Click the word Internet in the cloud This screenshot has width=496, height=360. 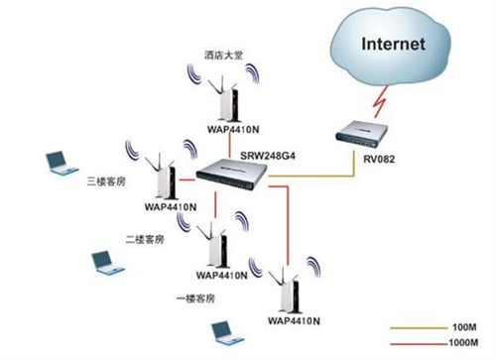pos(393,45)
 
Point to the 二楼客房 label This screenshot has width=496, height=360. pos(145,239)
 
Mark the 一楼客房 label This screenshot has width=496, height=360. pos(195,298)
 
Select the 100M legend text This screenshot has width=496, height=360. pos(468,326)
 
